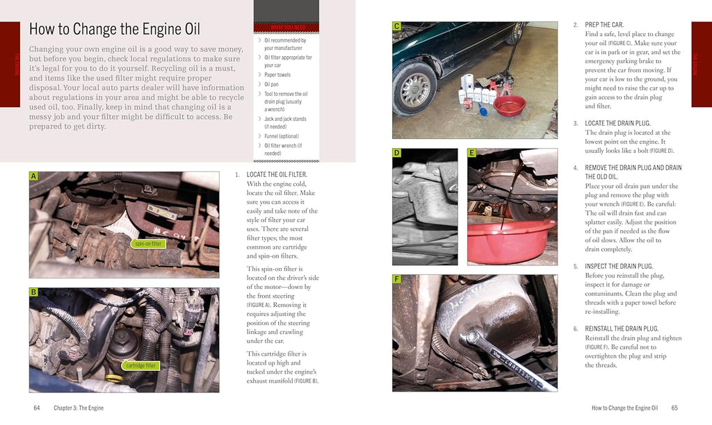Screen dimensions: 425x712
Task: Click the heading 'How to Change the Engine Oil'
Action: point(114,29)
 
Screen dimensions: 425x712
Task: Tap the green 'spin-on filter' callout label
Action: point(147,244)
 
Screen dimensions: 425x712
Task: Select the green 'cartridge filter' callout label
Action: point(141,365)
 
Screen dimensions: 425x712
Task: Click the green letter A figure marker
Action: point(33,177)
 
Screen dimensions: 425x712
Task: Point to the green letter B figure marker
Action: point(33,292)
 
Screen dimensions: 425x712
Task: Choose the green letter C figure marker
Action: point(396,26)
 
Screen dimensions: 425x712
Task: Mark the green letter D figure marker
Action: point(396,153)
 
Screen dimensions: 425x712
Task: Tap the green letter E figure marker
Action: point(471,153)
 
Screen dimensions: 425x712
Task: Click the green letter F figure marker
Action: point(396,279)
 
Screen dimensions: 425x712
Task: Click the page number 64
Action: point(37,408)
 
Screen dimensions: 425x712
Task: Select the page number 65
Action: point(674,408)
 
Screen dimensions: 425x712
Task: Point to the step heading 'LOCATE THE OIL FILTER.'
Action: point(276,174)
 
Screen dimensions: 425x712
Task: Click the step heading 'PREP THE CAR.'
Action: point(604,25)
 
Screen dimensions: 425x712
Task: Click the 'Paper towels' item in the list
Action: point(277,75)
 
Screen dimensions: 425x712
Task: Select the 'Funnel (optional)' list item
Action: point(281,137)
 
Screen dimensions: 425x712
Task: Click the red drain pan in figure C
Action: point(509,106)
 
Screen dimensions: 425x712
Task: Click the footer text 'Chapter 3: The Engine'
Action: point(79,408)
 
